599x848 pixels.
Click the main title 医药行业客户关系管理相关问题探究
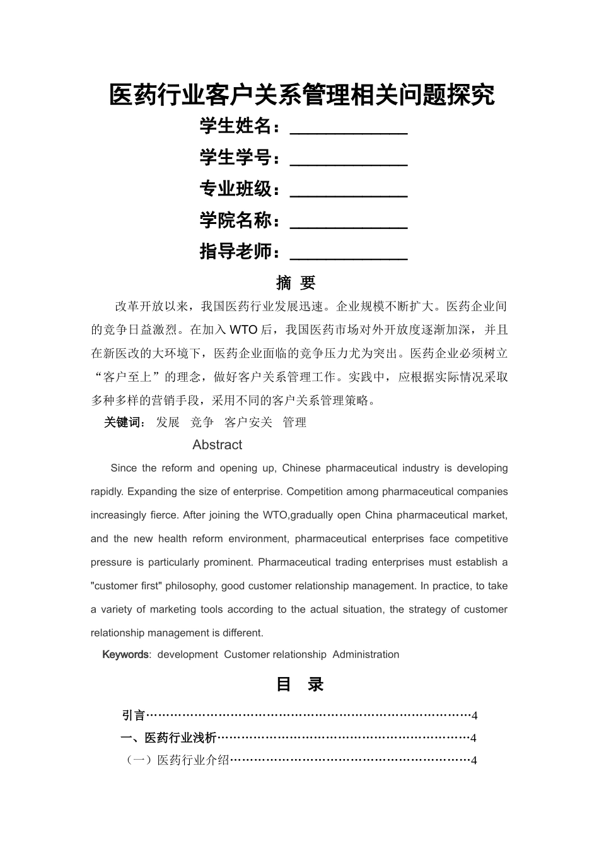click(302, 95)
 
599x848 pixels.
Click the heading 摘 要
click(296, 283)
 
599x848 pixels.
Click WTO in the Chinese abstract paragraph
click(243, 330)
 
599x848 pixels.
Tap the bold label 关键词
click(124, 422)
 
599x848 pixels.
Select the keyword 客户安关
click(248, 422)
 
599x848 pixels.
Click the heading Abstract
click(217, 445)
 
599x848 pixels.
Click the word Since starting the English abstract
click(124, 468)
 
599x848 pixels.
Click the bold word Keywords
click(125, 654)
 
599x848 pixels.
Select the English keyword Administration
click(366, 654)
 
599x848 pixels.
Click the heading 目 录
click(299, 685)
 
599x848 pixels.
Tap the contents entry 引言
click(134, 715)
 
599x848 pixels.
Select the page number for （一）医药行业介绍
click(474, 760)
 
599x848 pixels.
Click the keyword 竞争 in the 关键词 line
click(202, 422)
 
